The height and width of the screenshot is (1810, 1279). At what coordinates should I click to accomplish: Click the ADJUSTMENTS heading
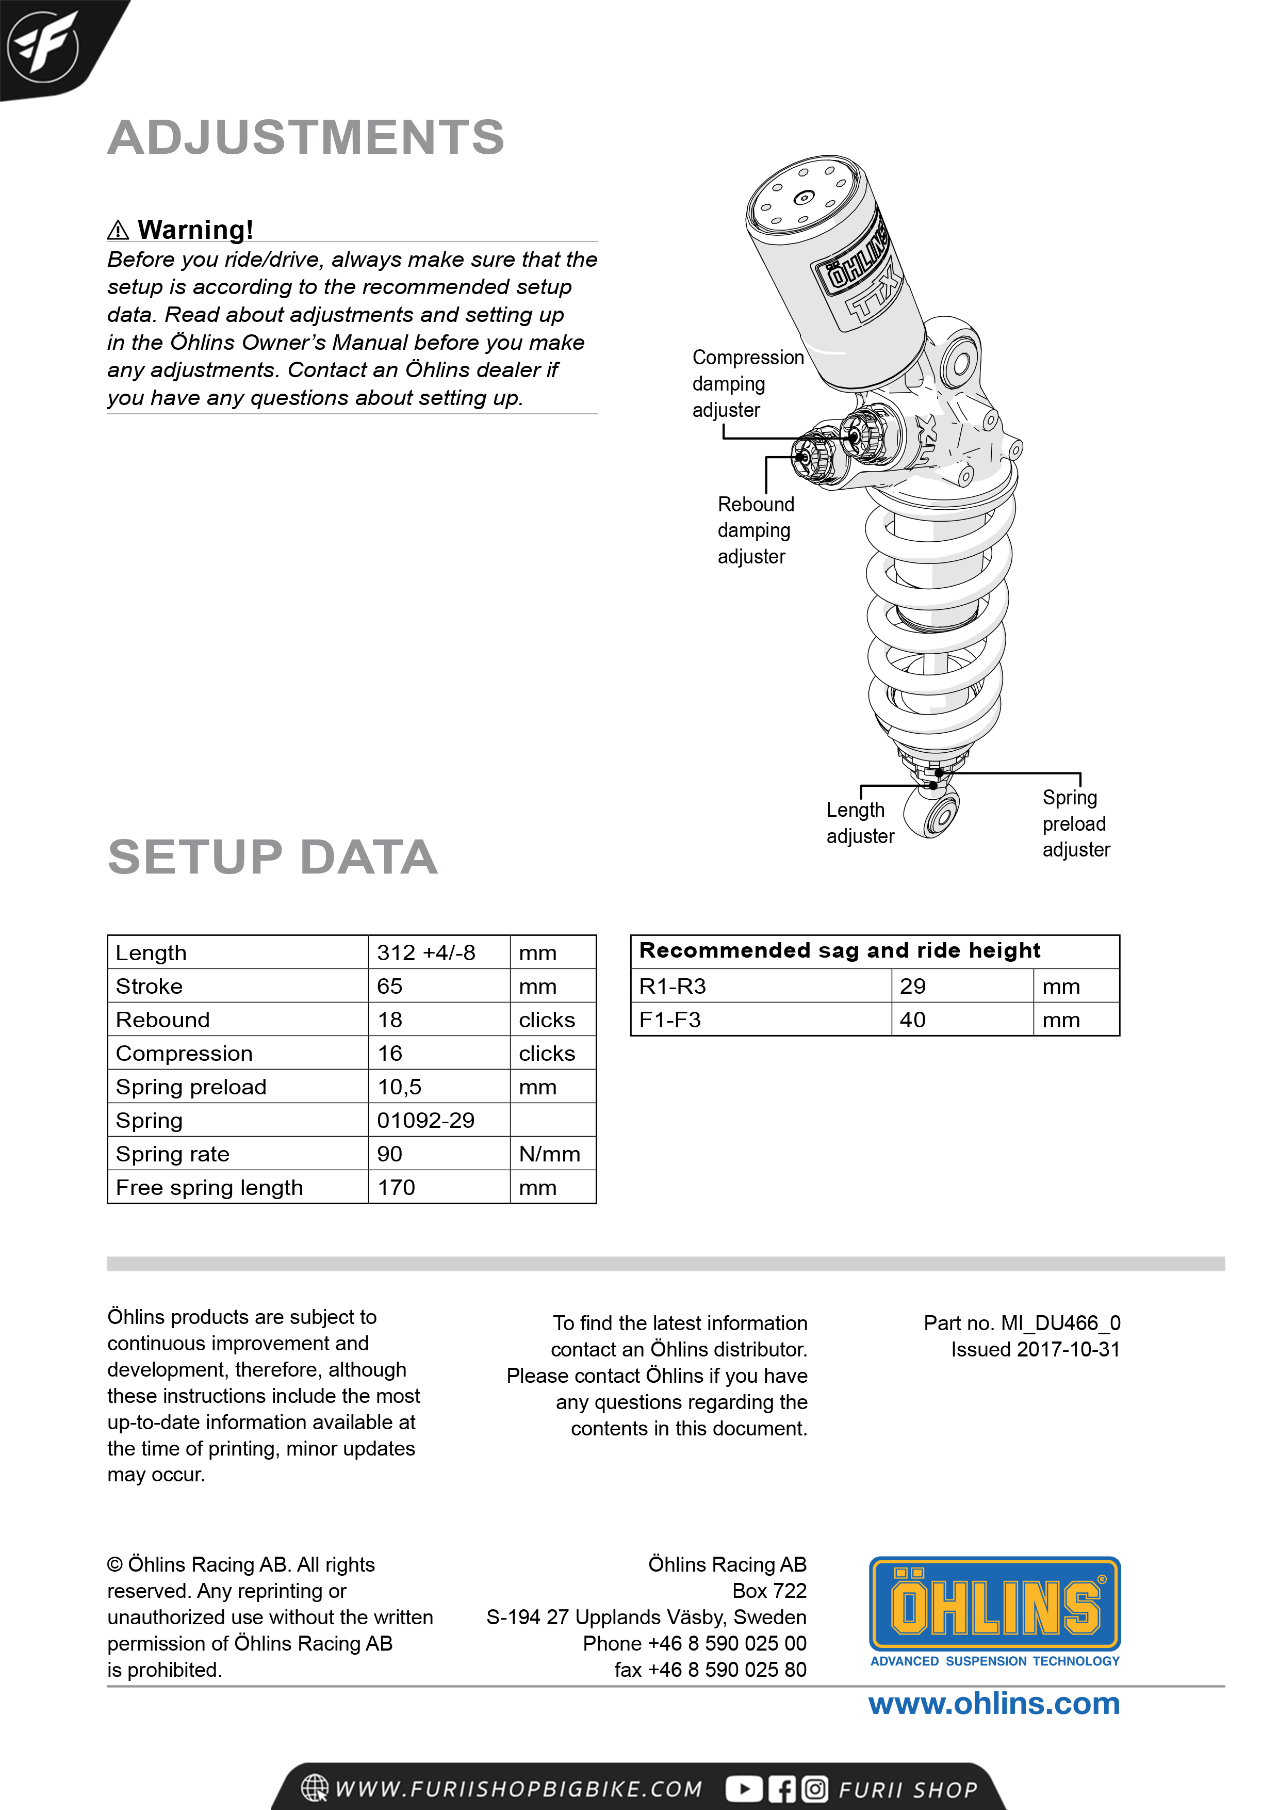click(x=306, y=137)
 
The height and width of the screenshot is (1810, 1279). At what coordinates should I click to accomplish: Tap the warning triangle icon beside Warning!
click(x=118, y=230)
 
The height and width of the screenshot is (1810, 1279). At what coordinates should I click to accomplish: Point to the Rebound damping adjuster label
click(x=755, y=530)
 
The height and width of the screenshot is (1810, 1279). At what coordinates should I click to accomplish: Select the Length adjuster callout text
click(x=859, y=822)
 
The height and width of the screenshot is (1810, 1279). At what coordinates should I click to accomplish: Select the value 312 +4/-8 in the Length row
click(x=425, y=952)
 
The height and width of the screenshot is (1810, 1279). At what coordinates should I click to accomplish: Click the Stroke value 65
click(x=389, y=986)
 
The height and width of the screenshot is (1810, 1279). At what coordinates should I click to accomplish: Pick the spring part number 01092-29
click(x=425, y=1120)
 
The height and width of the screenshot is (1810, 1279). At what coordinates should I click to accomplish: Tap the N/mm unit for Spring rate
click(x=549, y=1154)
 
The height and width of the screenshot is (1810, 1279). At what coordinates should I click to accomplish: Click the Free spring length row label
click(x=209, y=1187)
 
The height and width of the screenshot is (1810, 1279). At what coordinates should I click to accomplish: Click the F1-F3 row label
click(x=670, y=1020)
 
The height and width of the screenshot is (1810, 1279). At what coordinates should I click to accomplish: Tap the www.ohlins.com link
click(x=994, y=1704)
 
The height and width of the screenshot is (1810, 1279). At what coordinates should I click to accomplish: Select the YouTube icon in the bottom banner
click(x=744, y=1789)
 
